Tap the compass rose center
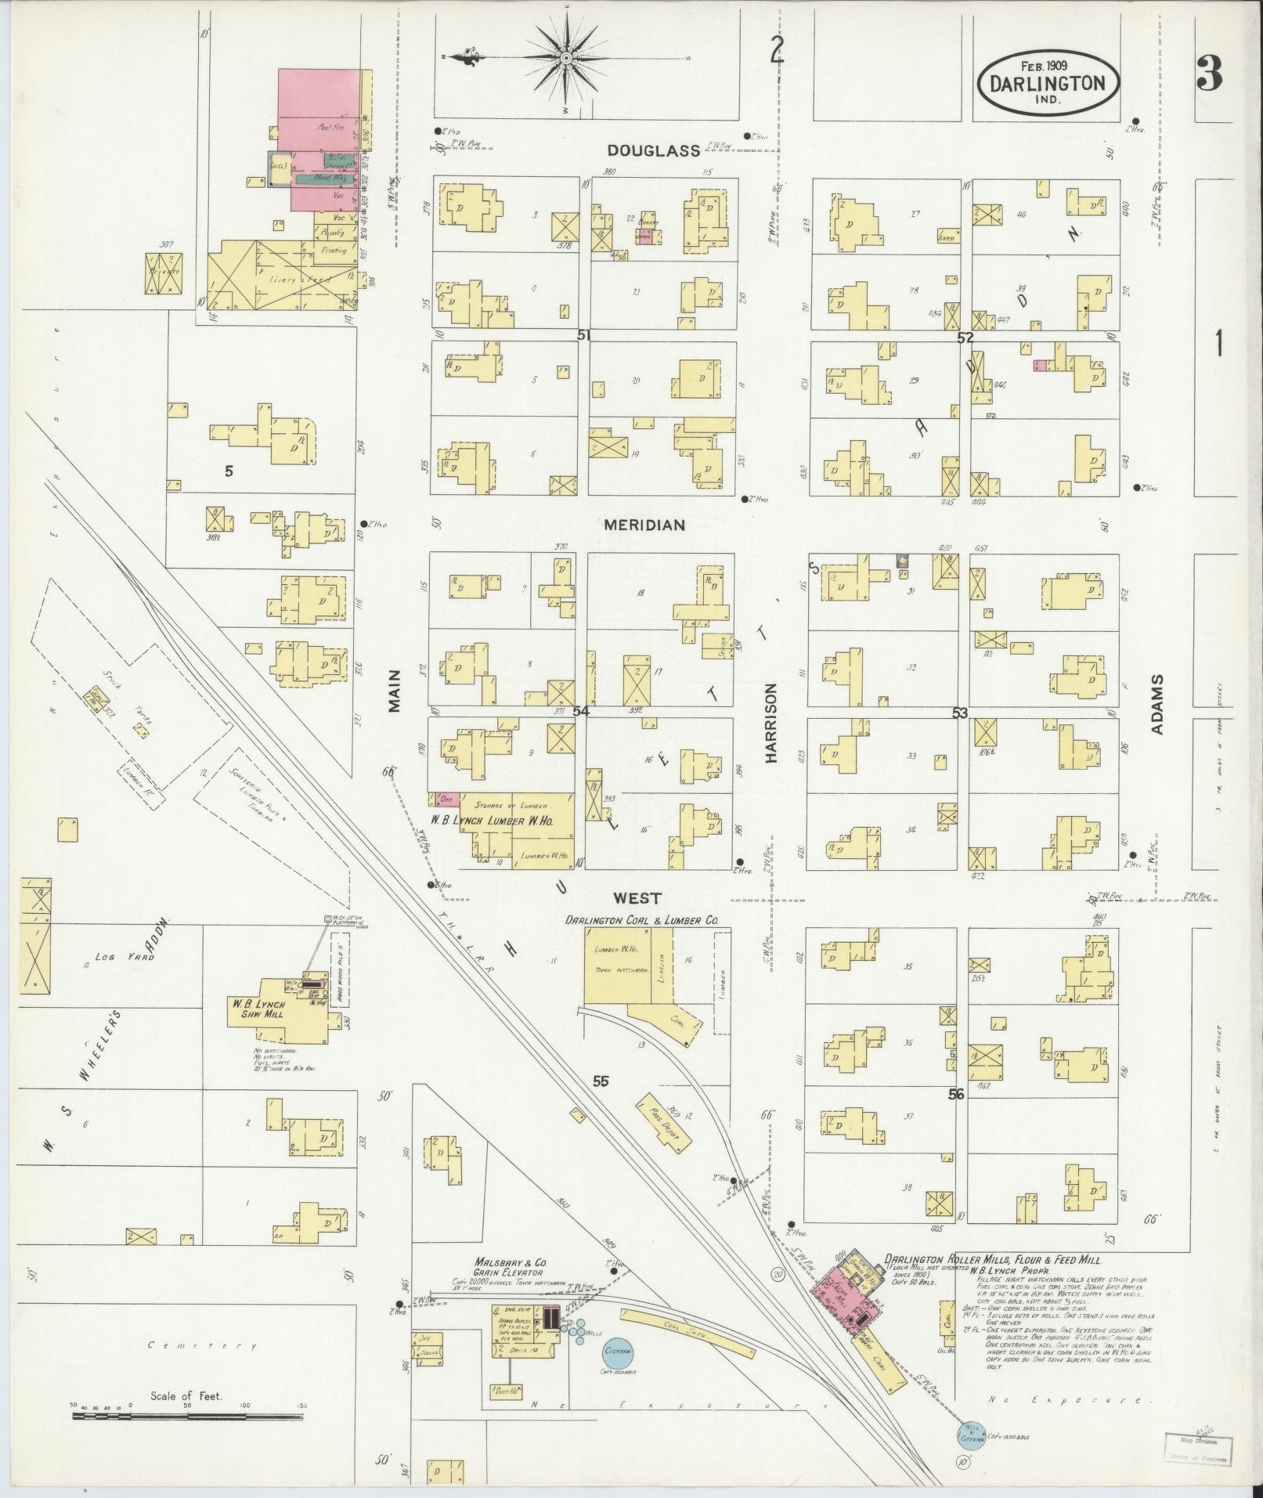click(565, 59)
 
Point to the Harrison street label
click(770, 723)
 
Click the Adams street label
click(1157, 704)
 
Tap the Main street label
click(394, 690)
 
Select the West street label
click(637, 898)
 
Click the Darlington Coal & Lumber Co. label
click(652, 922)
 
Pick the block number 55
click(601, 1081)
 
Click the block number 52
click(965, 338)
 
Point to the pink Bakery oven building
click(645, 238)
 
